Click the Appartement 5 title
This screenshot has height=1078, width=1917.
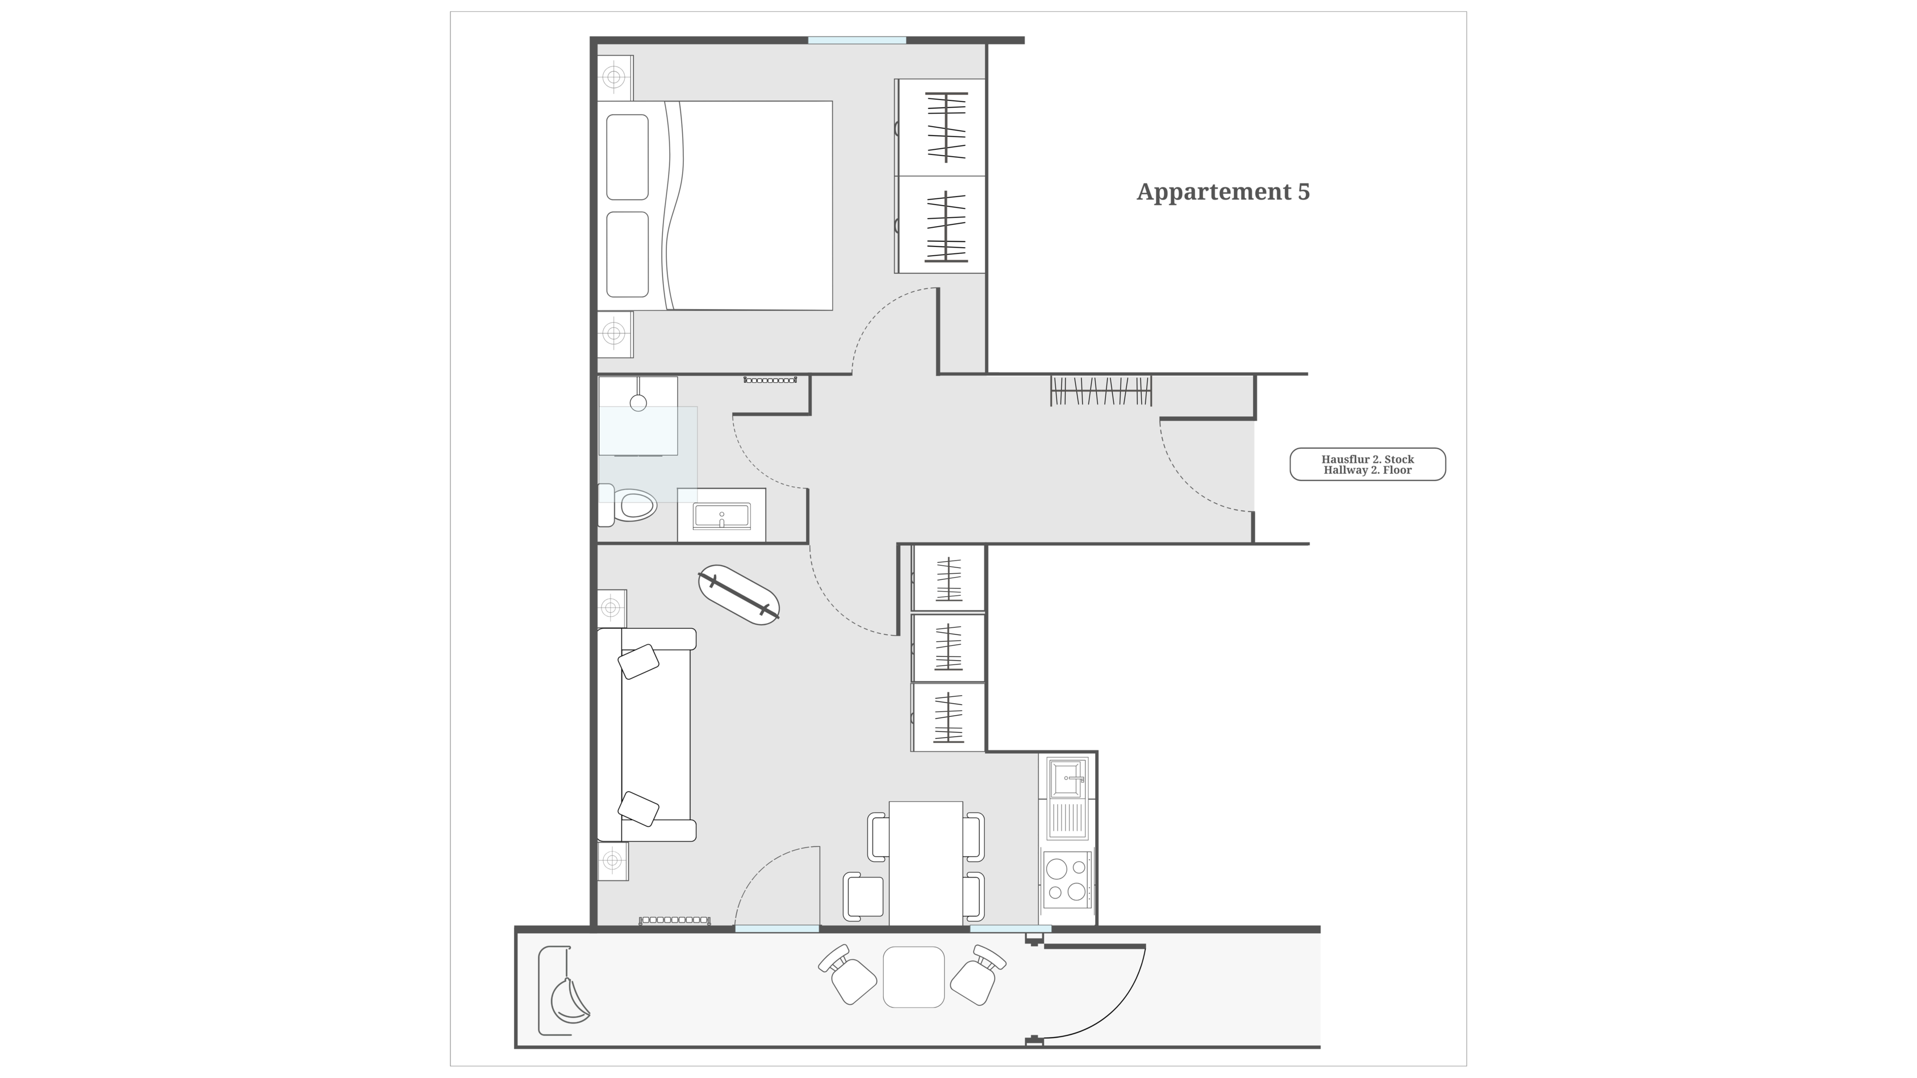pos(1223,192)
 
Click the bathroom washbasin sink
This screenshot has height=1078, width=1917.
pos(721,516)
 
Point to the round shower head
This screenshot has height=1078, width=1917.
pos(638,403)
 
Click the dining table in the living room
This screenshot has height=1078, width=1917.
pos(926,863)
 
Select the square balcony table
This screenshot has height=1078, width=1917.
pos(913,977)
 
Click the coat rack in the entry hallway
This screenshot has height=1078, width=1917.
pos(1101,391)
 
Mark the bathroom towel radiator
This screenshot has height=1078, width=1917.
pos(770,380)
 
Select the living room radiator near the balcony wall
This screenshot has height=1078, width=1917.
pos(675,921)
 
